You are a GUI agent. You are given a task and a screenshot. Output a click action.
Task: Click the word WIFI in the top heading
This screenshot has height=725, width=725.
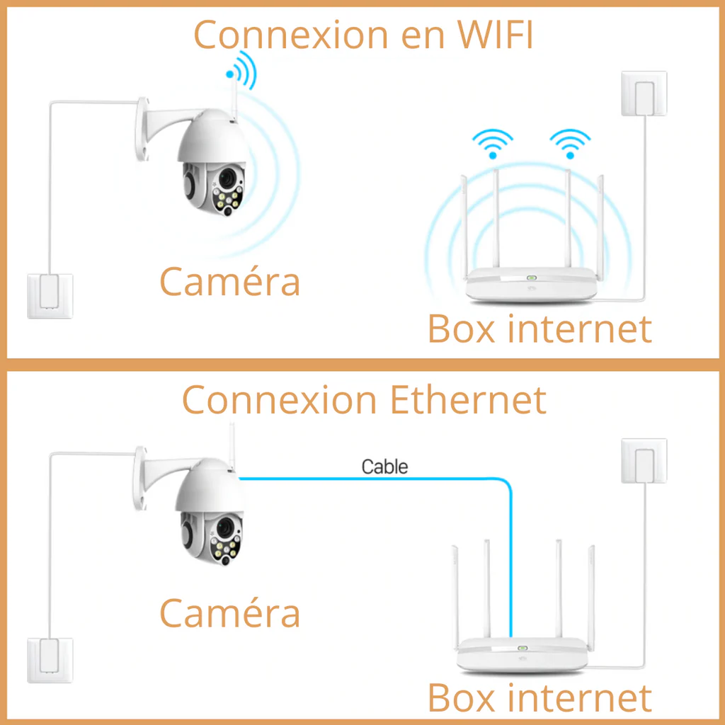point(495,34)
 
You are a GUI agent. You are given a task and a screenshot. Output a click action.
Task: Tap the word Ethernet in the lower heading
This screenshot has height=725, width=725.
point(468,399)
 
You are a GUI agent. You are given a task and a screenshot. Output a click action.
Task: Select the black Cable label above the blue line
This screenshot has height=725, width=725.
point(384,467)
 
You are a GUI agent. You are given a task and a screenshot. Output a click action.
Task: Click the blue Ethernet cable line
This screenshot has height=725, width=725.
point(490,479)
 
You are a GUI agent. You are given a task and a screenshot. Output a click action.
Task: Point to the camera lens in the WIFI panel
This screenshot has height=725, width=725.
point(227,178)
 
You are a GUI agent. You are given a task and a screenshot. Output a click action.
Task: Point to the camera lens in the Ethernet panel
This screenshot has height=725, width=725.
point(225,527)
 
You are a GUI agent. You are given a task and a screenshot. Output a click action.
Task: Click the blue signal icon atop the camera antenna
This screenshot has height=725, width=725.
point(241,70)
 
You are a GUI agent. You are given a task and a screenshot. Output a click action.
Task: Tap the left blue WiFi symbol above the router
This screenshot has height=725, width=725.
point(493,144)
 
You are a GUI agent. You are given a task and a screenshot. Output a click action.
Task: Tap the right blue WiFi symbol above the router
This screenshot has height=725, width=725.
point(570,144)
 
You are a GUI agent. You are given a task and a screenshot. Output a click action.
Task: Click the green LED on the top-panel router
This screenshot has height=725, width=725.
point(531,278)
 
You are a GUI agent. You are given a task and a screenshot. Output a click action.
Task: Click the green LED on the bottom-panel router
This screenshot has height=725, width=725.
point(523,649)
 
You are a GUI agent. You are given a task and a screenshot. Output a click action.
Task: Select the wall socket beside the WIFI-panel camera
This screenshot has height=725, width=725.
point(50,296)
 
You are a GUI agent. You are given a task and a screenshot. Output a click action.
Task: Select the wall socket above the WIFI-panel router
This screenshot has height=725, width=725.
point(644,93)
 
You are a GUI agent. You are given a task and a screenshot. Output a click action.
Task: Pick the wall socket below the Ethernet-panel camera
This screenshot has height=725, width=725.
point(50,661)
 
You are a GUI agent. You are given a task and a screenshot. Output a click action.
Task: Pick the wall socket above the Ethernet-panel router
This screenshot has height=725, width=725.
point(644,460)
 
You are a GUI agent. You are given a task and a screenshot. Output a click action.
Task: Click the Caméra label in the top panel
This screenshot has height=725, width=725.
point(230,281)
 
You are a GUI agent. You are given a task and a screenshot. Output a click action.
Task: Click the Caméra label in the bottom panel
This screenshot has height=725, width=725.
point(230,612)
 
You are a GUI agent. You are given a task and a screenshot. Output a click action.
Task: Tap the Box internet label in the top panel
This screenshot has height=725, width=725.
point(540,329)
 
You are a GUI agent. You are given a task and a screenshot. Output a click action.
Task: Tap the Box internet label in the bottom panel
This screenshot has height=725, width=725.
point(540,697)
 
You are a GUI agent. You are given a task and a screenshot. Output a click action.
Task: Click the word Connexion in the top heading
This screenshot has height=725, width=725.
point(291,34)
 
